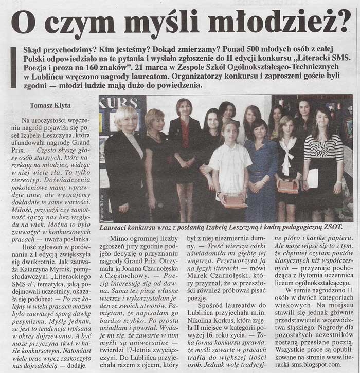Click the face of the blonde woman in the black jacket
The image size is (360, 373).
tap(126, 119)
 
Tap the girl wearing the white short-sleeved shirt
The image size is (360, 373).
tap(230, 164)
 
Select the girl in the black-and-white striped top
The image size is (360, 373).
tap(323, 154)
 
